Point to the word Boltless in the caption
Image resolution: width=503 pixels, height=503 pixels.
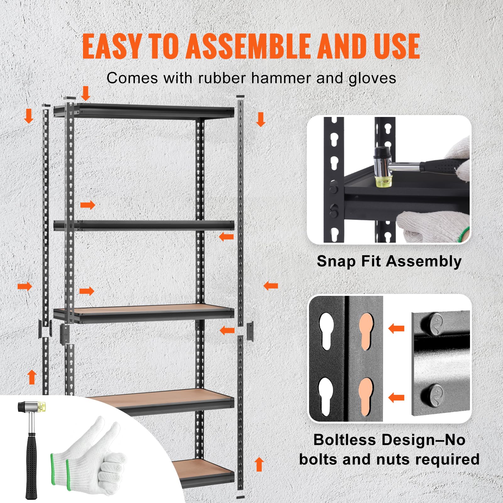(345, 440)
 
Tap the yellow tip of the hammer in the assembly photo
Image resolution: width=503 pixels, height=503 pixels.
(381, 181)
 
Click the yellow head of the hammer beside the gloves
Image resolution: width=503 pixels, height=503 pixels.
(41, 407)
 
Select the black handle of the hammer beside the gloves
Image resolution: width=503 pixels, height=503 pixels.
(31, 465)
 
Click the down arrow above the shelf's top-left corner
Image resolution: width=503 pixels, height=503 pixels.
(86, 93)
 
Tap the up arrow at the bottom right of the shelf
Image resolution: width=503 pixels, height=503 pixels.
(259, 464)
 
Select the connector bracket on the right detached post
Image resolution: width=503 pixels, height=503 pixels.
(251, 331)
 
